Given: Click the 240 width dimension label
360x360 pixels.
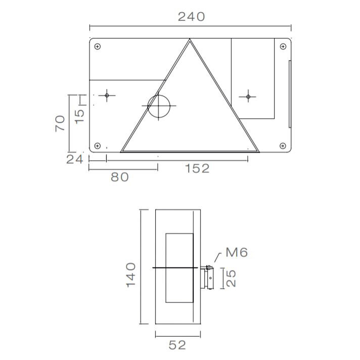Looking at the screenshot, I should click(x=192, y=16).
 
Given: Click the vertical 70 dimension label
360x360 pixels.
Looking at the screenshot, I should click(x=60, y=123).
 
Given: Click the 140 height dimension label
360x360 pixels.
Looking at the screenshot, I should click(x=130, y=275).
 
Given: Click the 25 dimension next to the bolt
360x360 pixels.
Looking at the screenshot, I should click(x=231, y=279).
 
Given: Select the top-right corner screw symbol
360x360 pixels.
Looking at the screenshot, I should click(x=283, y=47).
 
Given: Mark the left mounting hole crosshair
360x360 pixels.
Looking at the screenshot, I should click(x=107, y=96).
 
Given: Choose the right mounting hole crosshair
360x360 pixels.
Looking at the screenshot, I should click(x=248, y=96).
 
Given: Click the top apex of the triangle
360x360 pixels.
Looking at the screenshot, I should click(x=190, y=40).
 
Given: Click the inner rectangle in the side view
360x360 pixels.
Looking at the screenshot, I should click(x=179, y=267).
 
